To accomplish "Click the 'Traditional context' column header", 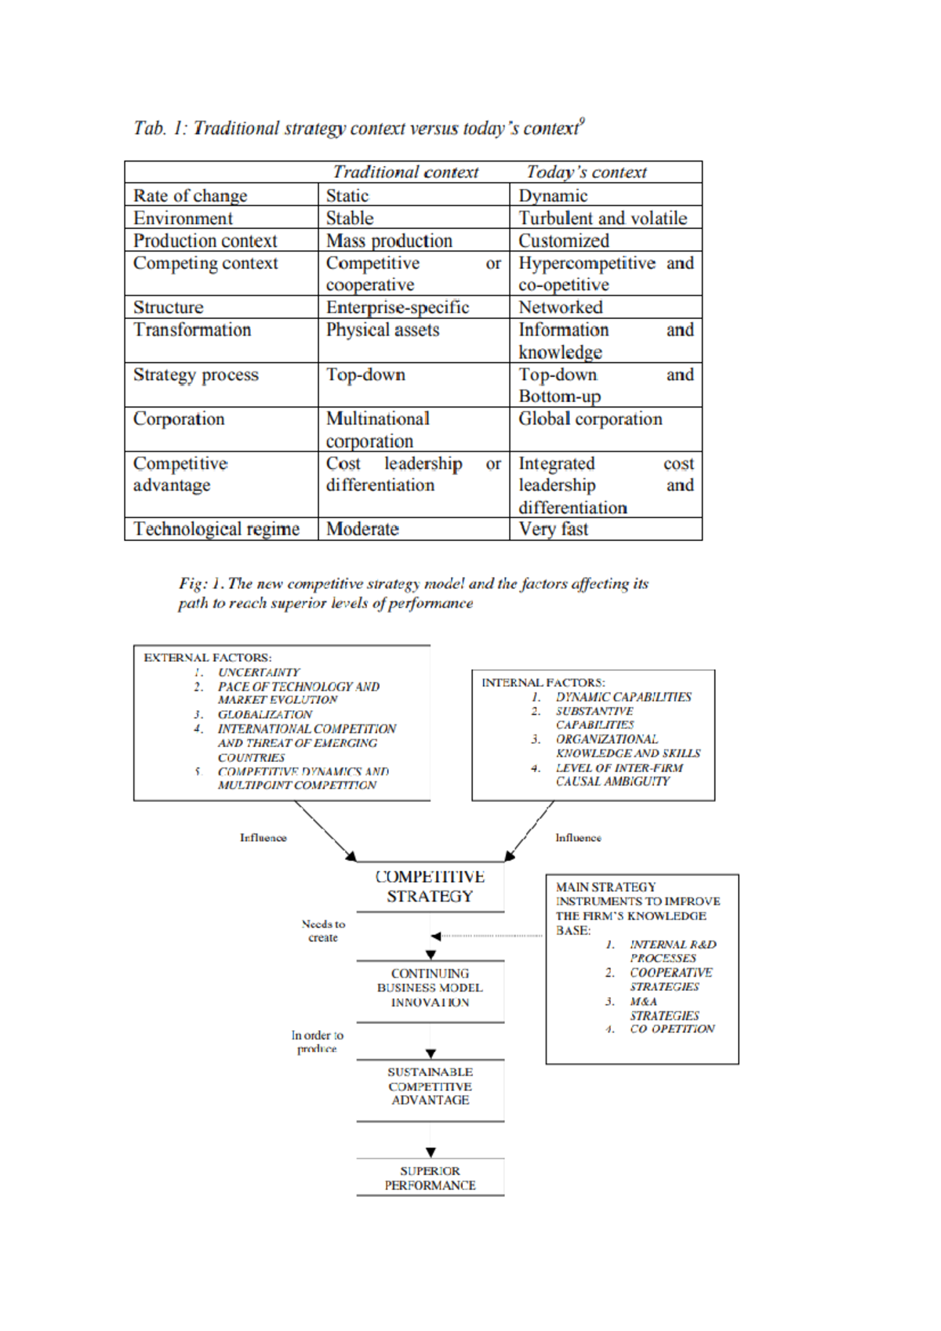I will point(405,172).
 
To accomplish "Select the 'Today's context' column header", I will point(587,172).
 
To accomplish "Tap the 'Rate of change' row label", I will point(191,196).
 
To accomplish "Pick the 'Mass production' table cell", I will point(390,241).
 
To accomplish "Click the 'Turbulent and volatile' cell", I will point(602,218).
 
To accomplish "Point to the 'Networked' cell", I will point(561,307).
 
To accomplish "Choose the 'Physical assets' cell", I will point(383,330).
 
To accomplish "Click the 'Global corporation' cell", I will point(590,419).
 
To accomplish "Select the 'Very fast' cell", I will point(554,529).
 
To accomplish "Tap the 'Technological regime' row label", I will point(216,529).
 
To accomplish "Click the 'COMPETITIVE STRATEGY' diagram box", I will point(430,887).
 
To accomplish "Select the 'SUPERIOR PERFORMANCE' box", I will point(430,1177).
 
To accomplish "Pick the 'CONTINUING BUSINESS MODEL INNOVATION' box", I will point(430,988).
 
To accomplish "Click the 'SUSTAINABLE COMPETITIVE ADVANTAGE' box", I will point(430,1086).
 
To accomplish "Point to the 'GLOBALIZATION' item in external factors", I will point(265,715).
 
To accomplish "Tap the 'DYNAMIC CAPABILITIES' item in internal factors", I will point(623,697).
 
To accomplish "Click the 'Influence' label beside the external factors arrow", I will point(263,838).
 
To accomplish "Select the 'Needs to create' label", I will point(323,930).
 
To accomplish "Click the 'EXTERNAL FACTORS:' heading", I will point(208,658).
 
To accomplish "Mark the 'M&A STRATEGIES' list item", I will point(663,1009).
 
